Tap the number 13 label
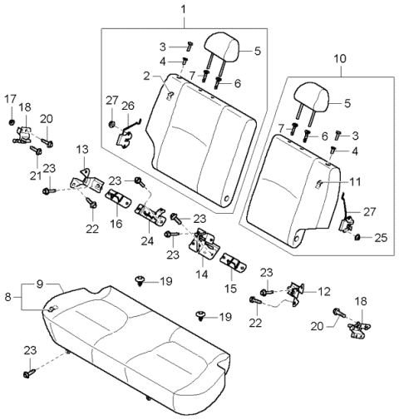click(x=81, y=149)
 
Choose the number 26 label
click(x=127, y=105)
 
